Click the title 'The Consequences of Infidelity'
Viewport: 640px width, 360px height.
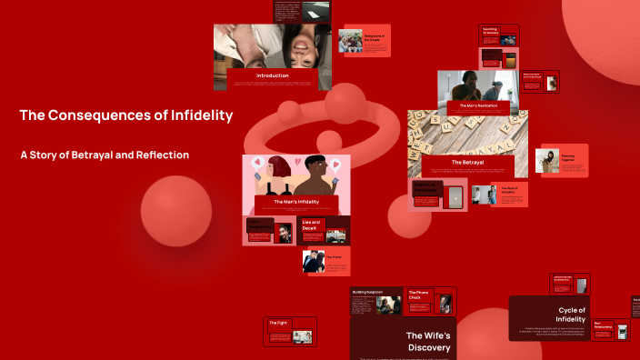(x=126, y=115)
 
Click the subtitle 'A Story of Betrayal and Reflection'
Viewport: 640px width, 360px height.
(x=105, y=155)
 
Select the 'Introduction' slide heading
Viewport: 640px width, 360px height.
(x=272, y=75)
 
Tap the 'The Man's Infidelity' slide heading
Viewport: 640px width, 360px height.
(x=291, y=201)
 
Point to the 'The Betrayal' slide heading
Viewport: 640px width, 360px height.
(x=467, y=163)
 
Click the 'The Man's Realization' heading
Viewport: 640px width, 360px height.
(x=477, y=105)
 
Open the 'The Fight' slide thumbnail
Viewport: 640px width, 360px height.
(x=290, y=331)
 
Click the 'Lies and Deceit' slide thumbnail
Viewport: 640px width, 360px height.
(x=324, y=230)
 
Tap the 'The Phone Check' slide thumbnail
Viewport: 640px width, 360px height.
(x=429, y=301)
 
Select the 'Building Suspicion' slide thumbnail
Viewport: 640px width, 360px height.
(x=375, y=301)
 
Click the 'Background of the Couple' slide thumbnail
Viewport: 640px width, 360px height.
(x=364, y=41)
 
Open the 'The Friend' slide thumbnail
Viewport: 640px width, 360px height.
(x=325, y=261)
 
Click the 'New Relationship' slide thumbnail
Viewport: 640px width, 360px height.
(x=610, y=329)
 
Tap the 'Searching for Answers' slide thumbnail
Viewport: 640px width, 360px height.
(x=499, y=35)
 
